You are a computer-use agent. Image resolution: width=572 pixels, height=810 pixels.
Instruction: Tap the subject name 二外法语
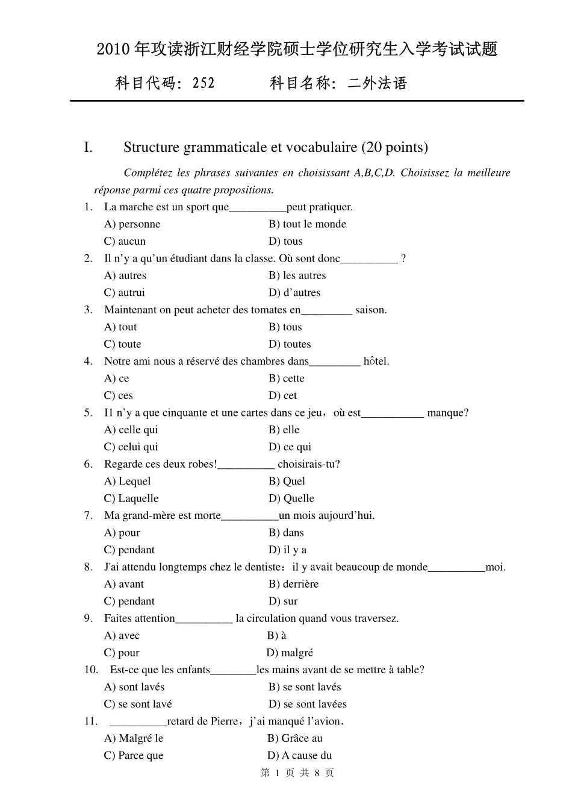point(378,83)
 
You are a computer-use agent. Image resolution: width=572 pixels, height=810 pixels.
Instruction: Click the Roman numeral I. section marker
point(89,148)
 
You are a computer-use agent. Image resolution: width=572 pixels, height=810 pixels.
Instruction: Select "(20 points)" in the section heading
point(395,148)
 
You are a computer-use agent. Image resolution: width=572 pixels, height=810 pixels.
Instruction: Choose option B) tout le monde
point(307,224)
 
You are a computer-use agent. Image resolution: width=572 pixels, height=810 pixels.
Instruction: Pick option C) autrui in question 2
point(125,293)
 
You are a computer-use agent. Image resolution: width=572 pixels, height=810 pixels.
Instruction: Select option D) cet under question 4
point(282,396)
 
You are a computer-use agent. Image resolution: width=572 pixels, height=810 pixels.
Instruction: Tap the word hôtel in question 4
point(376,362)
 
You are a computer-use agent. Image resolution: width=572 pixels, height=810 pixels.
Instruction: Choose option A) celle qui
point(131,430)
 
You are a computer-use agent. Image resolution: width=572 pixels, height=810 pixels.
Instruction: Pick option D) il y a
point(287,550)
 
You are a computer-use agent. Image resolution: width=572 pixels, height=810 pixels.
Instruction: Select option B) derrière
point(293,585)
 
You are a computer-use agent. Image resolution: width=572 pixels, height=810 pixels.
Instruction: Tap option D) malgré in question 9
point(290,653)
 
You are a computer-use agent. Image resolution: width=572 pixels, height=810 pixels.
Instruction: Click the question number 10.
point(91,670)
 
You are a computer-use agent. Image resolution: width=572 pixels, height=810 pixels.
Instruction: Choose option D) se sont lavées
point(307,705)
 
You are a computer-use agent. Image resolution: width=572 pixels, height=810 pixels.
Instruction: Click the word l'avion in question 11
point(325,722)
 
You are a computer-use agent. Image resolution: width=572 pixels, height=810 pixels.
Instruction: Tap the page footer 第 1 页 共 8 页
point(297,773)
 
